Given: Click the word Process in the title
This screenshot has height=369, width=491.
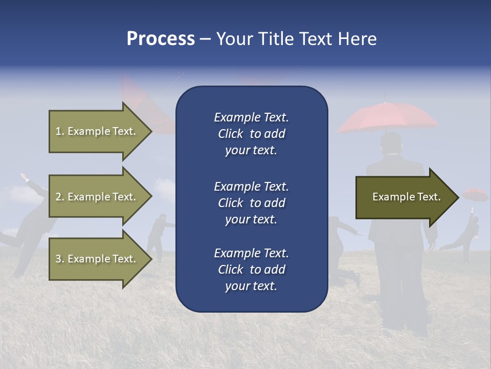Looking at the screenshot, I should (x=161, y=38).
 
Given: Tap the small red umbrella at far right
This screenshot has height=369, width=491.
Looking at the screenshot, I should (x=475, y=194).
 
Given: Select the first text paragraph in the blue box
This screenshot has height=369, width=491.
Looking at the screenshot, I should (x=251, y=134).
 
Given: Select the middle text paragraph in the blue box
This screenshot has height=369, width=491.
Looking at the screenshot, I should (x=251, y=202).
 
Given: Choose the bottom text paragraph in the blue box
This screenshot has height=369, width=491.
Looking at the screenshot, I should (x=251, y=270).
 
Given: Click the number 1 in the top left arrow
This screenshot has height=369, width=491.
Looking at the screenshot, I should (x=58, y=131).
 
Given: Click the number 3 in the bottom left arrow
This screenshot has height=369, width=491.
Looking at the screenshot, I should (x=58, y=259).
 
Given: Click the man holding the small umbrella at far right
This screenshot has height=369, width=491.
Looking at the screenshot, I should (x=468, y=233).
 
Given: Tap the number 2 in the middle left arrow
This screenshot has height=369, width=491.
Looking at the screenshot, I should (x=58, y=197).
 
